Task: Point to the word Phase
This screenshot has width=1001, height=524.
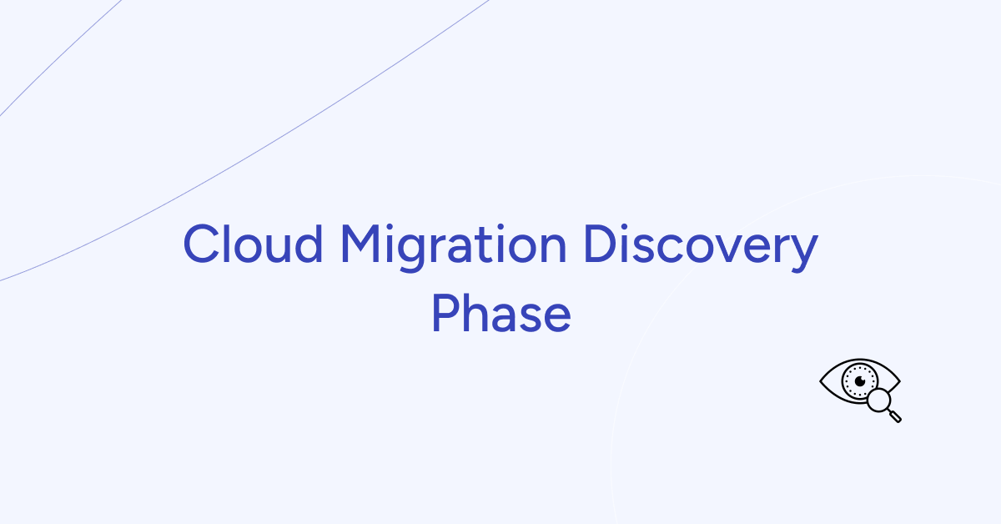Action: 500,314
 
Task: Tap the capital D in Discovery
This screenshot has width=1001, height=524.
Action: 601,244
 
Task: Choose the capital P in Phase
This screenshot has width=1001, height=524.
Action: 445,314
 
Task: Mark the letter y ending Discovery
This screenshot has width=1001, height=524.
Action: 802,251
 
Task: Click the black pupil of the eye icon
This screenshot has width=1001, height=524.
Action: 856,380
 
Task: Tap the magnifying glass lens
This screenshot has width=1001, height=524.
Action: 878,401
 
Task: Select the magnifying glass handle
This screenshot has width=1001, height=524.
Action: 895,416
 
